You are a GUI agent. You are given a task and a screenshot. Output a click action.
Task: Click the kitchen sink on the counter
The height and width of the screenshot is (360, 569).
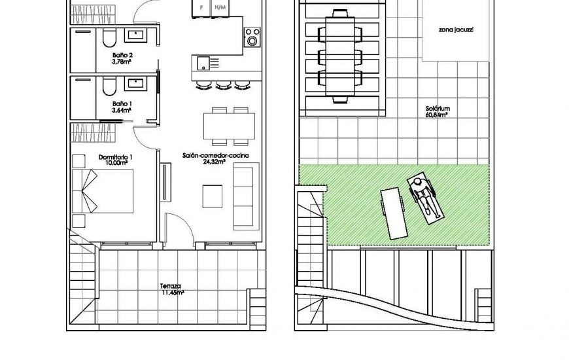203,63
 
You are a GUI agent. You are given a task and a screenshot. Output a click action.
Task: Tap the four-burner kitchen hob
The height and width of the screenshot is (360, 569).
250,33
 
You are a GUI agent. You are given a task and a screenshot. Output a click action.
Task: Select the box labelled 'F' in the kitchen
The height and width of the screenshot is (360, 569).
201,7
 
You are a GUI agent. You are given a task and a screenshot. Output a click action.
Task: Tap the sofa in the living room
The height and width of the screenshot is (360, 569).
244,186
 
